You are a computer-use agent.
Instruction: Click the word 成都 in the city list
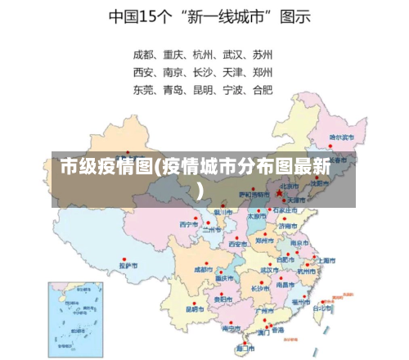(145, 56)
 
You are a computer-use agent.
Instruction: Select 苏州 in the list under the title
(263, 56)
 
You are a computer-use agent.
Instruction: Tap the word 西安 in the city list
(145, 71)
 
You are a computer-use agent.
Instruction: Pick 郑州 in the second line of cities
(263, 71)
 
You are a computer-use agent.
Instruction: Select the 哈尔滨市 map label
(342, 137)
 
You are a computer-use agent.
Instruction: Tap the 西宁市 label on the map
(189, 223)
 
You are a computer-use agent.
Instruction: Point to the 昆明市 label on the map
(195, 309)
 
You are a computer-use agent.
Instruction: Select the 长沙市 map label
(260, 288)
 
